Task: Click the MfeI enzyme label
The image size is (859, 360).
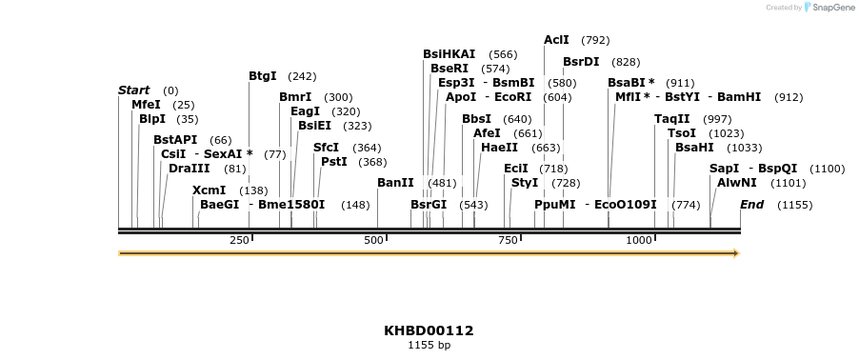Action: [x=146, y=105]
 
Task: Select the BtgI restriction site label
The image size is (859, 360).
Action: [x=262, y=76]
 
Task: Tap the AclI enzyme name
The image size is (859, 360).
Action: [x=556, y=40]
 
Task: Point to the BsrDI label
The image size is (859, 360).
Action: [x=581, y=62]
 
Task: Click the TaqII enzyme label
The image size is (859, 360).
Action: [x=672, y=119]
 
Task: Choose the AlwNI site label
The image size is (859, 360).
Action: [x=736, y=182]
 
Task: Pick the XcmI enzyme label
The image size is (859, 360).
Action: [x=209, y=190]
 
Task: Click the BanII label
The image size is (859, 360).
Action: [x=395, y=182]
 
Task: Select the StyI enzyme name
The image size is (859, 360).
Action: [x=525, y=182]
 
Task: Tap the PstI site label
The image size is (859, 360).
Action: [x=333, y=162]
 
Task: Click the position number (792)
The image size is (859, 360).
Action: [x=595, y=40]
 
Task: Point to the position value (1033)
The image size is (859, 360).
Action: [x=745, y=148]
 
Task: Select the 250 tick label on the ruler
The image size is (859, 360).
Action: [x=239, y=240]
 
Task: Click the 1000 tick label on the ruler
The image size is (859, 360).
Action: [x=639, y=240]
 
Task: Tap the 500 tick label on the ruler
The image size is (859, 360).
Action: [x=374, y=240]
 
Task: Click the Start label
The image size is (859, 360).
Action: [x=133, y=90]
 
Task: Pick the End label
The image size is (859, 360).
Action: [x=751, y=205]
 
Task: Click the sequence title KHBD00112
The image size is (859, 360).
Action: [x=429, y=330]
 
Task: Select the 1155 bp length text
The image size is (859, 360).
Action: [x=429, y=345]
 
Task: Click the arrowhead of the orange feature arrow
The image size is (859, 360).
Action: [x=735, y=253]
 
